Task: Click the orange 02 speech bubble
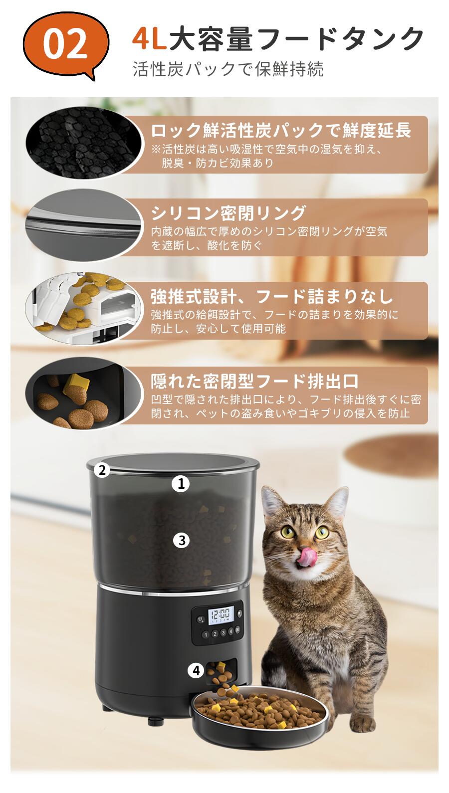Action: (x=66, y=44)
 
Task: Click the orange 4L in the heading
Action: (x=149, y=38)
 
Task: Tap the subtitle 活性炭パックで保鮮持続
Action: (x=228, y=69)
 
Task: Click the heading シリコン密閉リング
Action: (x=228, y=213)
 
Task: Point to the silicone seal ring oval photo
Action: (x=84, y=225)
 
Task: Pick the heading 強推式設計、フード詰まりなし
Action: (x=272, y=296)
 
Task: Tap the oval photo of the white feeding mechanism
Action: (x=84, y=308)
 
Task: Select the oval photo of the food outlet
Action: (x=84, y=393)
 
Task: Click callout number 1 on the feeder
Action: (x=181, y=484)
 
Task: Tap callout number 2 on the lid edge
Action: (x=102, y=470)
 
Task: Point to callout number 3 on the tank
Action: (x=182, y=541)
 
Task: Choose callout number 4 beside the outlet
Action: (x=197, y=670)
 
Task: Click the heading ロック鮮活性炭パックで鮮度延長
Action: (x=281, y=130)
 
